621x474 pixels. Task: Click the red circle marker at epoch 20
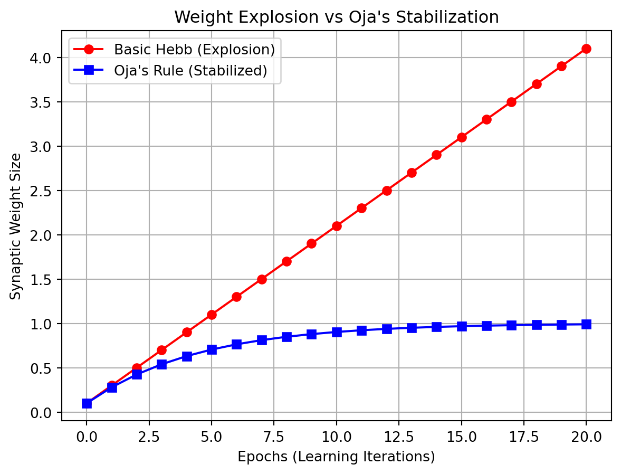(x=586, y=49)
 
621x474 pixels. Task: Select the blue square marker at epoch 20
(x=586, y=324)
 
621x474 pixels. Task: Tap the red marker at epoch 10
(x=337, y=226)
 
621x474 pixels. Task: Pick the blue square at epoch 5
(x=212, y=349)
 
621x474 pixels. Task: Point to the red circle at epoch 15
(x=462, y=137)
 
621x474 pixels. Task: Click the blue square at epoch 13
(x=412, y=328)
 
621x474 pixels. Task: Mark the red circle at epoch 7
(x=262, y=279)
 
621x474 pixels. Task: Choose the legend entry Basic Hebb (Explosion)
(x=195, y=50)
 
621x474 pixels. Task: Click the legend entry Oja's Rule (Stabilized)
(x=190, y=70)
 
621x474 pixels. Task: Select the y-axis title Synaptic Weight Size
(x=16, y=226)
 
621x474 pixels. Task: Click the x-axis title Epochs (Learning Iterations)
(x=336, y=457)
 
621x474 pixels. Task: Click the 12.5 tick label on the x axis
(x=399, y=436)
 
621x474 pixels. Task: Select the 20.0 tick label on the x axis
(x=586, y=436)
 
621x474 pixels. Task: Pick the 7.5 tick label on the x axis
(x=274, y=436)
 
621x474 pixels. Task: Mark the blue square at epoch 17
(x=511, y=325)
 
